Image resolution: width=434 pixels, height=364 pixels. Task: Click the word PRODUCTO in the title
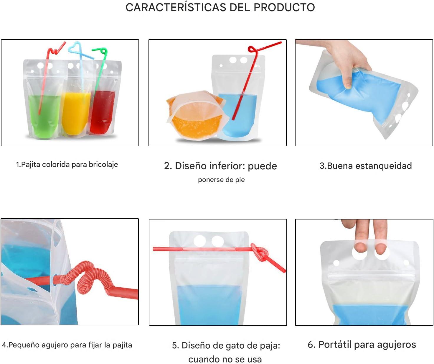pos(284,7)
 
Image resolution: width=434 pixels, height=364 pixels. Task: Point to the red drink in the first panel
pos(102,111)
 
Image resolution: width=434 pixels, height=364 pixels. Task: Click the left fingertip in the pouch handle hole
pos(361,248)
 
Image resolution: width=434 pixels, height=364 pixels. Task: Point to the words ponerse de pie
pos(221,180)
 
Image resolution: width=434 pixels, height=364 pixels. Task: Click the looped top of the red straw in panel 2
pos(253,50)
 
